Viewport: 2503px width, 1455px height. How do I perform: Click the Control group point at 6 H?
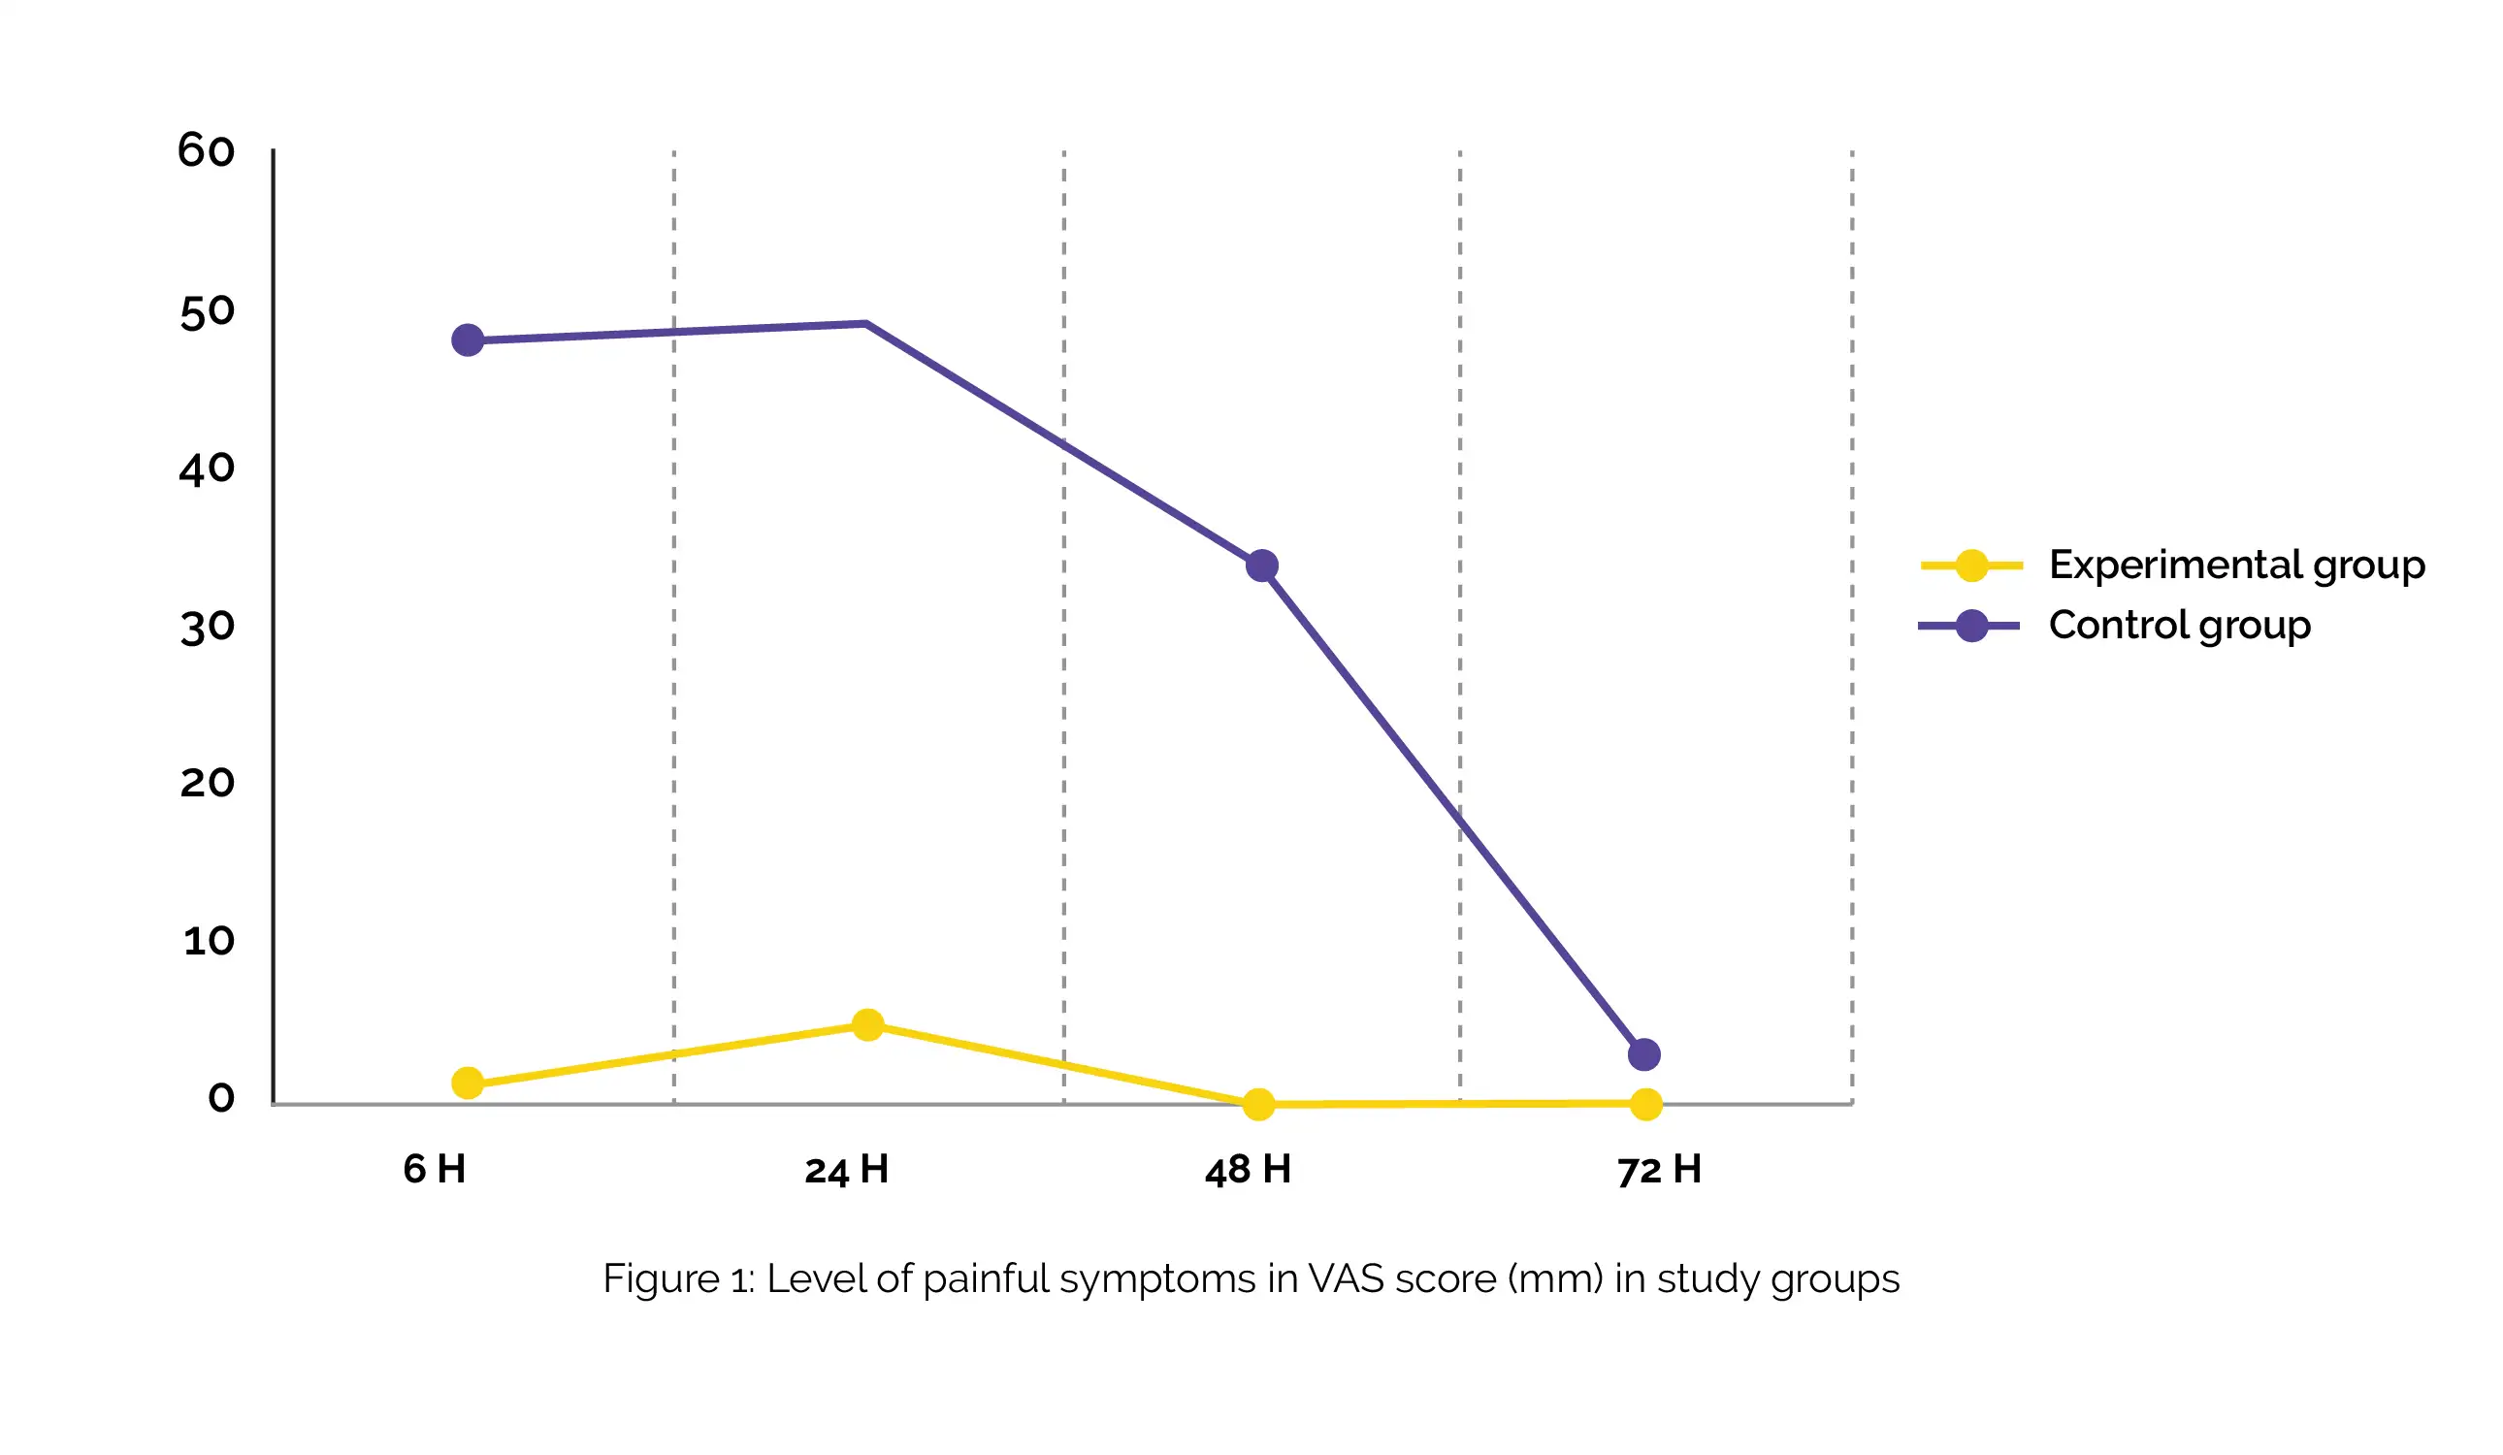click(x=468, y=340)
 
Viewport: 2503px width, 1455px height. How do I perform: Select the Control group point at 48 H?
click(x=1262, y=566)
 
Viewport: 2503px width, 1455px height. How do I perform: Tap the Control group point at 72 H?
click(x=1644, y=1054)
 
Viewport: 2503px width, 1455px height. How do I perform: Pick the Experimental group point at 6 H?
click(x=468, y=1083)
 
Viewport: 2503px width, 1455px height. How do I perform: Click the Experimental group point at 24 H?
click(x=868, y=1025)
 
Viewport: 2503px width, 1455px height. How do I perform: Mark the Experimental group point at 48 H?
click(x=1259, y=1105)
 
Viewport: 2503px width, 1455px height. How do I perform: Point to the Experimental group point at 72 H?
click(x=1646, y=1105)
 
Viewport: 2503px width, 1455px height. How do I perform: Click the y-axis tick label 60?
click(x=207, y=151)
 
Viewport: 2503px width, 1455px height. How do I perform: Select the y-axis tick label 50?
click(x=208, y=312)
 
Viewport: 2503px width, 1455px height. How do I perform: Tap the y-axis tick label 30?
click(x=208, y=628)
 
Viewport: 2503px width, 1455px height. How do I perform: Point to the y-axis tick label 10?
click(x=209, y=941)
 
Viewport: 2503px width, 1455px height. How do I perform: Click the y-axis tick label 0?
click(x=221, y=1097)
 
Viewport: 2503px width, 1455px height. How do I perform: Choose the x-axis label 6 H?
click(x=434, y=1169)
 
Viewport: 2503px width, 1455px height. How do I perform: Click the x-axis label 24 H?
click(x=846, y=1170)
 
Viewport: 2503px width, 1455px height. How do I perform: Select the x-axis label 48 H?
click(x=1248, y=1170)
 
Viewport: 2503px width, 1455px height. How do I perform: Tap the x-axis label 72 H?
click(x=1659, y=1170)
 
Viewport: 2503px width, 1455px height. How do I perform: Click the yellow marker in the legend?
click(x=1971, y=566)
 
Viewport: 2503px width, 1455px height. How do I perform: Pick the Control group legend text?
click(x=2179, y=626)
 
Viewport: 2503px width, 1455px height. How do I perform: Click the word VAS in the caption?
click(x=1346, y=1279)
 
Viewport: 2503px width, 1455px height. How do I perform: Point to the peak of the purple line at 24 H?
click(x=866, y=324)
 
